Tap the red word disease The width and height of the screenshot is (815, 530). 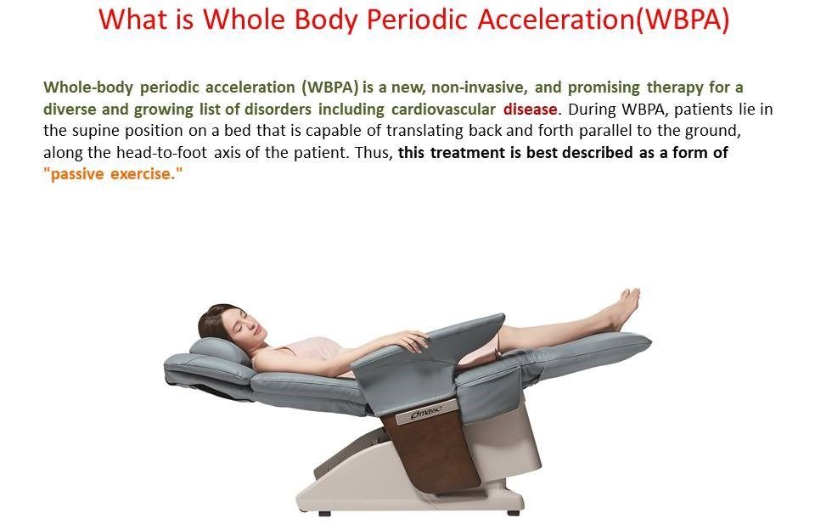point(531,110)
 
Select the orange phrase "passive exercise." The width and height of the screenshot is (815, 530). point(114,174)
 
